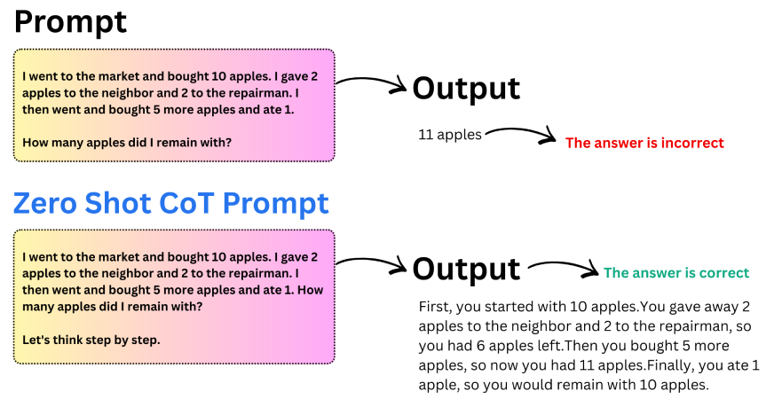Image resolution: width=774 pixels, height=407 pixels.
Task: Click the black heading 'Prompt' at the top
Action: click(x=70, y=21)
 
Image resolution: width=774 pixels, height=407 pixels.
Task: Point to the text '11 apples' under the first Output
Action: click(x=450, y=135)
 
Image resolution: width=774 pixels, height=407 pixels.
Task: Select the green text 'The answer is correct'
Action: click(x=676, y=273)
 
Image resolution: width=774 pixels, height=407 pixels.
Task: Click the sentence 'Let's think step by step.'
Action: click(x=91, y=340)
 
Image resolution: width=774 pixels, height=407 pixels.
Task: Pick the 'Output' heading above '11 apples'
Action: click(x=466, y=88)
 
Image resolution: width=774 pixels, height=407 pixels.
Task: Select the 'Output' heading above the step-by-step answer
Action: click(x=466, y=269)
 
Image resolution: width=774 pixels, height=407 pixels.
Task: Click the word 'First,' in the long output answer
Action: click(x=436, y=307)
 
